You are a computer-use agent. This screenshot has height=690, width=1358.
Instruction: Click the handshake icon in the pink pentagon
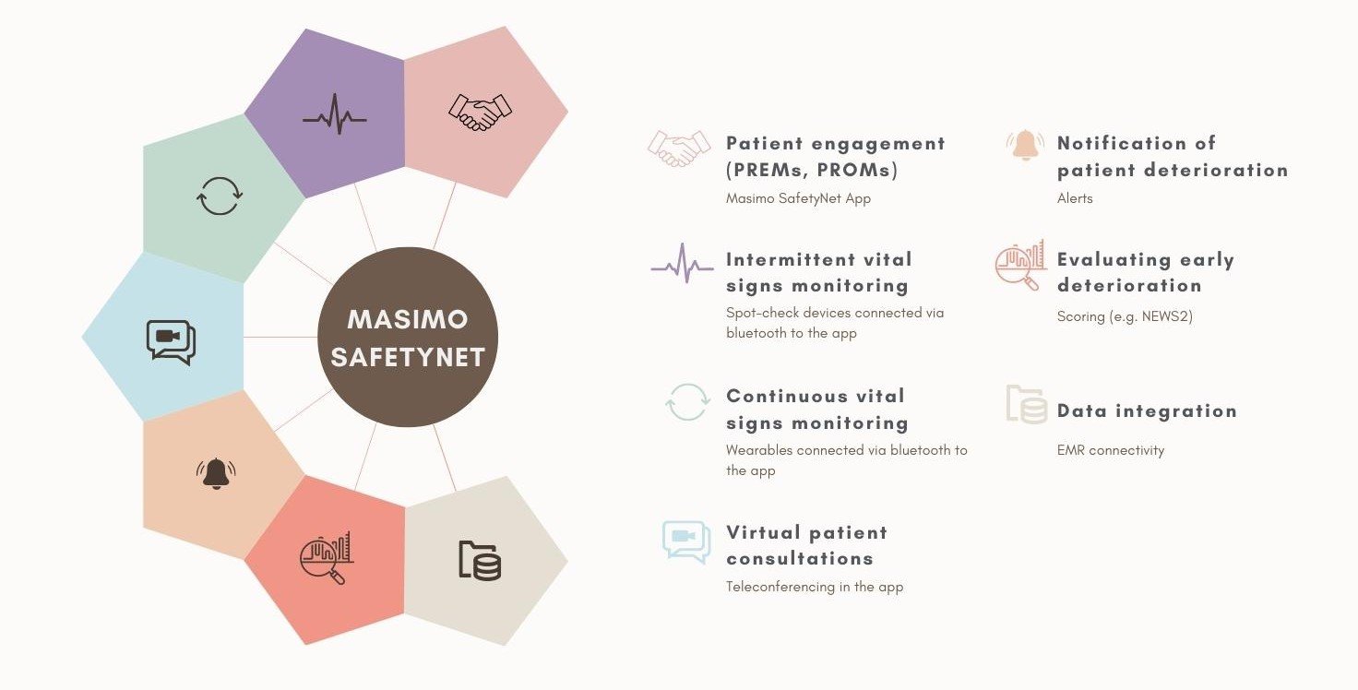tap(480, 112)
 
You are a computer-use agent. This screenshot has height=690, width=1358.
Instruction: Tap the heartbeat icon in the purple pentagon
tap(335, 114)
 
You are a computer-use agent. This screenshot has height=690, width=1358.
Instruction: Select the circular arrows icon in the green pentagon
tap(220, 196)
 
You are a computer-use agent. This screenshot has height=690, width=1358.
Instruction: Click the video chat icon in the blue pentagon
tap(171, 342)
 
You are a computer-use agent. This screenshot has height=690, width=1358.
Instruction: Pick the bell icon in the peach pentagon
tap(216, 473)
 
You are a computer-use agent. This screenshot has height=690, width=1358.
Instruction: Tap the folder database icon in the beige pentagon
tap(480, 560)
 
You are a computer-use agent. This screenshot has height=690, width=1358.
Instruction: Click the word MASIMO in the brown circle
tap(408, 319)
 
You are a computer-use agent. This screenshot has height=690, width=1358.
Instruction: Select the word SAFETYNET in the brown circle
tap(408, 357)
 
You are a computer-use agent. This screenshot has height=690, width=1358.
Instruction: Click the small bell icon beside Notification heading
tap(1025, 146)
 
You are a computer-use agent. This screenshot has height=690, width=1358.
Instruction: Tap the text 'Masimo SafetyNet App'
tap(798, 198)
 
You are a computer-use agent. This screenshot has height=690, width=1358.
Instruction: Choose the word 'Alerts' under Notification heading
tap(1075, 198)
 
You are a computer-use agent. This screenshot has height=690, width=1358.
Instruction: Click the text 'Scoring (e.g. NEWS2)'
tap(1125, 316)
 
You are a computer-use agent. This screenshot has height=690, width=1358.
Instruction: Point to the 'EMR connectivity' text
tap(1111, 450)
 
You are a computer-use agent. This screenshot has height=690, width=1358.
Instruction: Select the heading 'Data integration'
tap(1147, 411)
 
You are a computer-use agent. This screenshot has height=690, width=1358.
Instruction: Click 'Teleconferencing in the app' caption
tap(815, 587)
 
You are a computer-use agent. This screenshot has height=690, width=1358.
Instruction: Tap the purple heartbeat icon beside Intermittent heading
tap(682, 264)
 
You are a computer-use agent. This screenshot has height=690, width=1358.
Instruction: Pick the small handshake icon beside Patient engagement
tap(679, 149)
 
